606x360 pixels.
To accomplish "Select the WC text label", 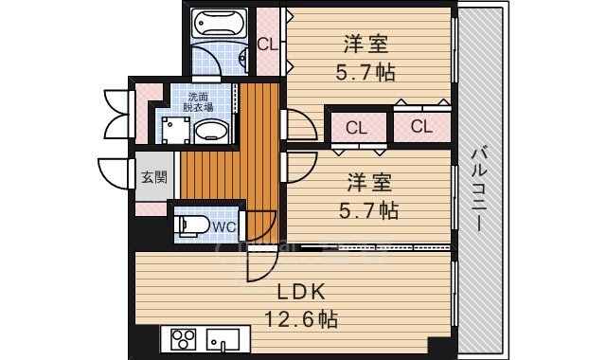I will click(223, 227).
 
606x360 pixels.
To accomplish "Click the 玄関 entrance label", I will click(154, 177).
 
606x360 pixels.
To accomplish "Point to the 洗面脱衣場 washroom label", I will click(200, 102).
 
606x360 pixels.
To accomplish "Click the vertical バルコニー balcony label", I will click(479, 189).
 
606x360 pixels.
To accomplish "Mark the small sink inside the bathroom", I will click(244, 60).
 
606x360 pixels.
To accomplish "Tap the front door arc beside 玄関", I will click(114, 173).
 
